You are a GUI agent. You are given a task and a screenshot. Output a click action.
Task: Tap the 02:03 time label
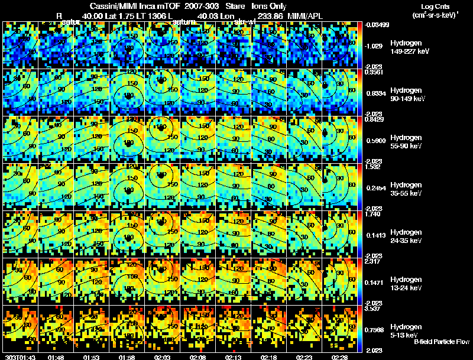(x=162, y=357)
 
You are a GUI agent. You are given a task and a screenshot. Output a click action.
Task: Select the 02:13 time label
(x=233, y=357)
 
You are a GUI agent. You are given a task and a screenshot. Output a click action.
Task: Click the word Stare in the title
(x=236, y=5)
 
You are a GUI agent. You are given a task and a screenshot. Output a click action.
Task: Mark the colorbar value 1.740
(x=373, y=214)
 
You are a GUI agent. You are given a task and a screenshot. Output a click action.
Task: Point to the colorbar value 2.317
(x=373, y=261)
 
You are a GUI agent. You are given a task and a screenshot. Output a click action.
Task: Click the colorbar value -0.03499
(x=376, y=25)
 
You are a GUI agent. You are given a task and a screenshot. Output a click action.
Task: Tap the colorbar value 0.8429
(x=374, y=119)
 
